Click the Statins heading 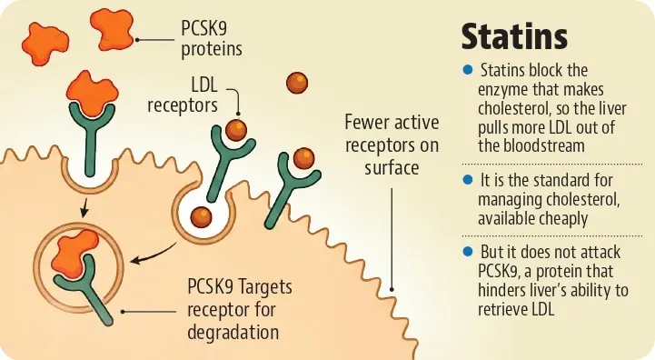[x=514, y=36]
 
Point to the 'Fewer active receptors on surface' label [x=392, y=145]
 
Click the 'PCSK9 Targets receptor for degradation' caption [x=239, y=310]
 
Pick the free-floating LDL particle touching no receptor [x=297, y=83]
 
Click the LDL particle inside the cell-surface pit [x=201, y=217]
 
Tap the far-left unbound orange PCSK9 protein [x=45, y=44]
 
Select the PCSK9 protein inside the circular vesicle [x=74, y=254]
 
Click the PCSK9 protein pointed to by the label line [x=112, y=29]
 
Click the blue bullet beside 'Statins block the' [x=468, y=69]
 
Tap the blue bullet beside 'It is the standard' [x=468, y=180]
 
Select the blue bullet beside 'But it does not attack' [x=468, y=251]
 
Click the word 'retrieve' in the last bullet [x=500, y=309]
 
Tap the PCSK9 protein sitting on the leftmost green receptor [x=93, y=93]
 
